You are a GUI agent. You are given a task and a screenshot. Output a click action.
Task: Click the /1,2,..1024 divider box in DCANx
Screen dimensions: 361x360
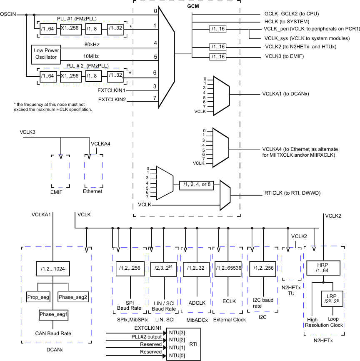click(x=52, y=269)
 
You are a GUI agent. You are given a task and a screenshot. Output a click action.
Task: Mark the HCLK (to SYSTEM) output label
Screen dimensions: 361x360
click(x=287, y=22)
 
